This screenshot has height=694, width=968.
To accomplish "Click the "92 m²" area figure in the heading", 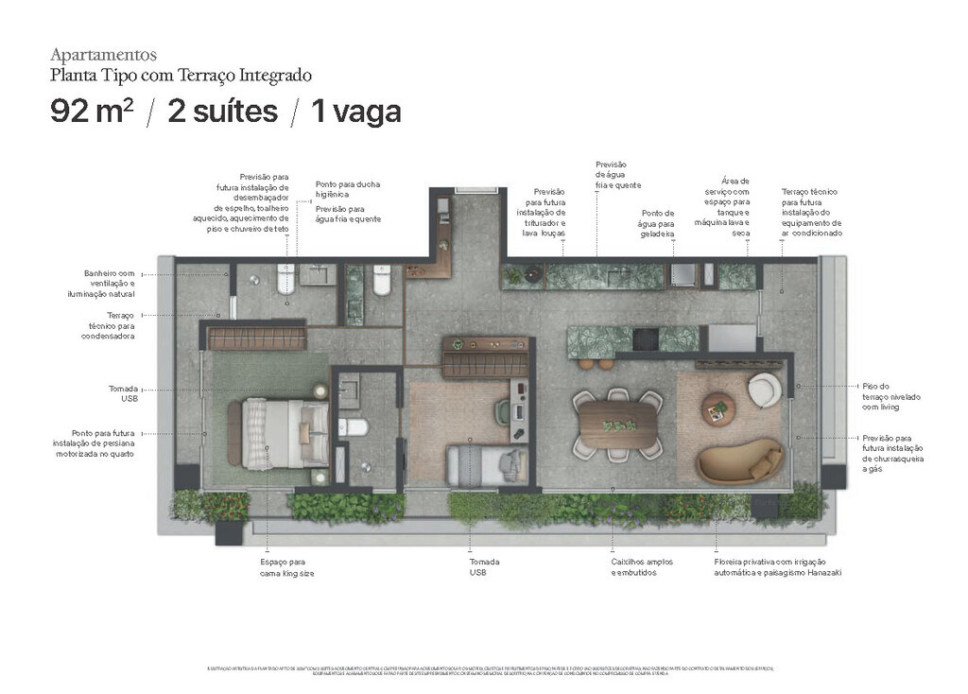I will pos(92,112).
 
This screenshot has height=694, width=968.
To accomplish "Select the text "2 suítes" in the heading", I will pos(222,112).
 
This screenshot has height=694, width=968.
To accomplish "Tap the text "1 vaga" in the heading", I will pos(355,112).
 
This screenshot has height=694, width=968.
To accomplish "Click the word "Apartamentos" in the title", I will pos(103,55).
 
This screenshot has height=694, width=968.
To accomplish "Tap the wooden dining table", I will pos(619,425).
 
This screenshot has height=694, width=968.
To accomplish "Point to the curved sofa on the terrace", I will pos(739,462).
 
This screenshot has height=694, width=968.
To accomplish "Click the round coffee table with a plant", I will pos(718,408).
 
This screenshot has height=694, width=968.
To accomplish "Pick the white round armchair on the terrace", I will pos(764,389).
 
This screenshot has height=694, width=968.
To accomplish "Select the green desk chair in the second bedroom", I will pos(502,412).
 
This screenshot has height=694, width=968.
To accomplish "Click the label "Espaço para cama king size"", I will pos(287,567).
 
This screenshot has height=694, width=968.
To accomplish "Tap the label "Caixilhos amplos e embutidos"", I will pos(642,567).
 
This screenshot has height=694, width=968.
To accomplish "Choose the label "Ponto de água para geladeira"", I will pos(657,223).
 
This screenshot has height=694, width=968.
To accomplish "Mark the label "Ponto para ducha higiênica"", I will pos(348,189).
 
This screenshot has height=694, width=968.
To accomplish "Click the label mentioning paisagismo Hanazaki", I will pos(777,567).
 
